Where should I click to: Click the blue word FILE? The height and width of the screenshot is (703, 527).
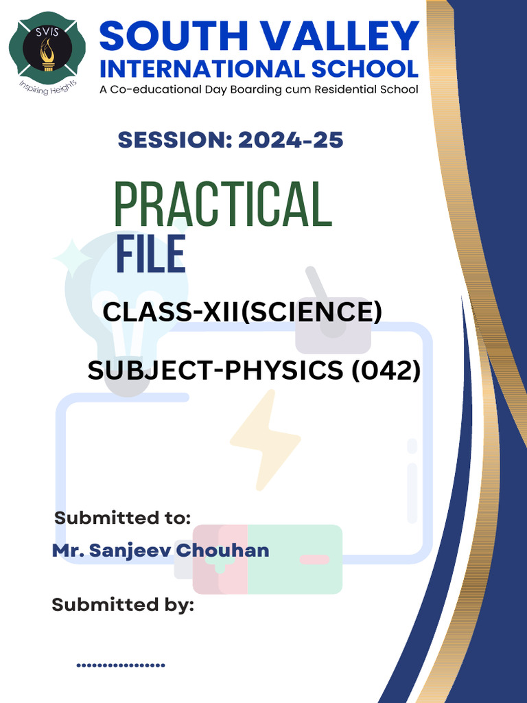click(150, 255)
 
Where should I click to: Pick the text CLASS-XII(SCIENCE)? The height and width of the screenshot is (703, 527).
click(242, 313)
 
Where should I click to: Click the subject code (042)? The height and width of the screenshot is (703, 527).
click(386, 371)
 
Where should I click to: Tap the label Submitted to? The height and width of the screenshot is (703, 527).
click(122, 518)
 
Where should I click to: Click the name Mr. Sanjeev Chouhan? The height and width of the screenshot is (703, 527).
click(161, 551)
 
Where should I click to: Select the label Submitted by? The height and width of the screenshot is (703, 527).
click(123, 605)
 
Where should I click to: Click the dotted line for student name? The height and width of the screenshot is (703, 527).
click(121, 665)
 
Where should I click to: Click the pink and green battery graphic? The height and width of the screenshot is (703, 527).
click(268, 560)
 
